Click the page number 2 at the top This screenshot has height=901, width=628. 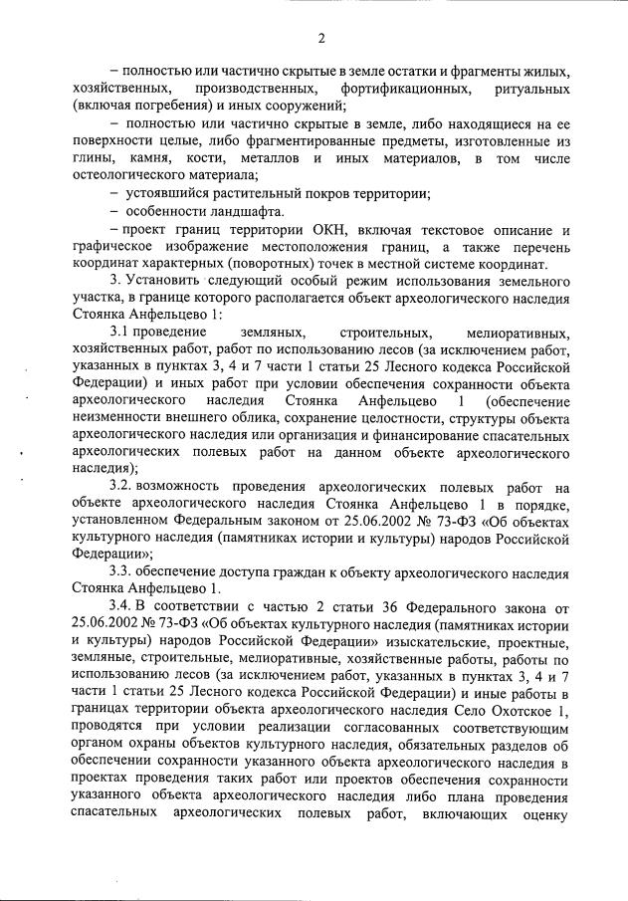tap(320, 39)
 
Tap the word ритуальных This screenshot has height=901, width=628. tap(529, 90)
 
